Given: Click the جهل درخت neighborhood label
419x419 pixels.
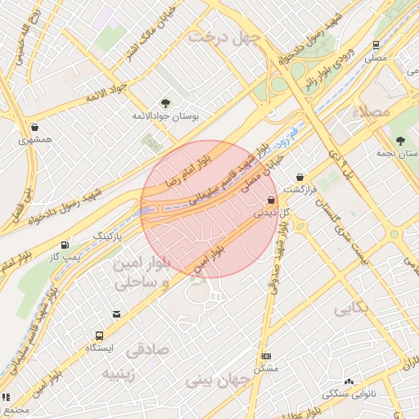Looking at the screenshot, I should pyautogui.click(x=223, y=37).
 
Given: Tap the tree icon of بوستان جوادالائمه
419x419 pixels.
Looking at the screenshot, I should pyautogui.click(x=166, y=103).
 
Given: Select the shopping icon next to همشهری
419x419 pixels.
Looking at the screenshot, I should pyautogui.click(x=35, y=127).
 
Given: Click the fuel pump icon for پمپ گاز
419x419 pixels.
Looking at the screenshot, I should pyautogui.click(x=65, y=245).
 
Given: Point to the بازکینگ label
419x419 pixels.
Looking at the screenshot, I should pyautogui.click(x=113, y=236).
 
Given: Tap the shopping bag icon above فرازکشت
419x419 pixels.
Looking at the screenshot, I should pyautogui.click(x=300, y=176).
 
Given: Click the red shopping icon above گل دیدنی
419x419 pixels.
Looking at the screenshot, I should pyautogui.click(x=271, y=200).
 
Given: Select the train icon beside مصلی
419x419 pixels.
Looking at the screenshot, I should pyautogui.click(x=376, y=45).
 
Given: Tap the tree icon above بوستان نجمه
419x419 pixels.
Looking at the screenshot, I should pyautogui.click(x=400, y=140).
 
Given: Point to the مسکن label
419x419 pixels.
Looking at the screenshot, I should pyautogui.click(x=267, y=369).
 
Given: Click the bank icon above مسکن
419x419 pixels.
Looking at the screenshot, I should pyautogui.click(x=266, y=356).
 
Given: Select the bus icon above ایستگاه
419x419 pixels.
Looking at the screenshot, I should pyautogui.click(x=99, y=336).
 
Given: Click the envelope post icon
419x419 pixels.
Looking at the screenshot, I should pyautogui.click(x=117, y=313).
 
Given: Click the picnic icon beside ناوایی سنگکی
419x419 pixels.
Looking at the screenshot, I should pyautogui.click(x=349, y=381).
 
